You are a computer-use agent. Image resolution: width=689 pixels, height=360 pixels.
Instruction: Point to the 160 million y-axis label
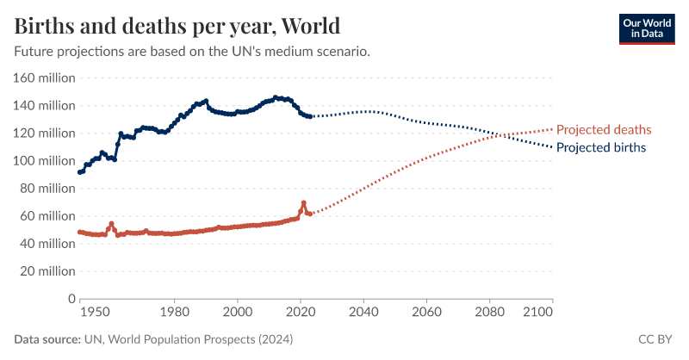[x=45, y=78]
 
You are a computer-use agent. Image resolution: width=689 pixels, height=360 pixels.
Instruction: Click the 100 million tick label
[x=45, y=161]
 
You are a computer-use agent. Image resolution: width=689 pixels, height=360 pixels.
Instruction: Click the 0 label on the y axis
[x=71, y=299]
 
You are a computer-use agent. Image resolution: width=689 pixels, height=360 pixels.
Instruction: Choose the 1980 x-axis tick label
[x=175, y=312]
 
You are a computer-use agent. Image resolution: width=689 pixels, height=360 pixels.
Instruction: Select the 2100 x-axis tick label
[x=538, y=312]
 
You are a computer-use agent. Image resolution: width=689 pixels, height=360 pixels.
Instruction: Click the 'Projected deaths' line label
[x=604, y=130]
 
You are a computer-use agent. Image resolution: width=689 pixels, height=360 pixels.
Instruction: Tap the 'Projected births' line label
[x=601, y=147]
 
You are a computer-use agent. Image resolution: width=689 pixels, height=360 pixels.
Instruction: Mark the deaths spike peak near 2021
[x=303, y=203]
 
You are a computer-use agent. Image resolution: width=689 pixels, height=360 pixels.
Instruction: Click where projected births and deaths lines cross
[x=492, y=134]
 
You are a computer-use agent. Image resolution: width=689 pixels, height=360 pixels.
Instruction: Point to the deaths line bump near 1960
[x=111, y=224]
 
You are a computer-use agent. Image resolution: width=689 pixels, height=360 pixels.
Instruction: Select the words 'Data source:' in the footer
[x=47, y=340]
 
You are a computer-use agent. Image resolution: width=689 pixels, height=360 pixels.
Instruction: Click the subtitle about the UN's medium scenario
[x=192, y=52]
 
